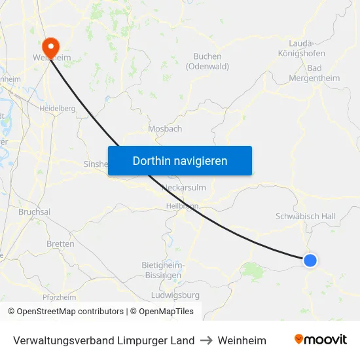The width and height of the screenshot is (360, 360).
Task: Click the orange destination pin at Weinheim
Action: click(x=50, y=46)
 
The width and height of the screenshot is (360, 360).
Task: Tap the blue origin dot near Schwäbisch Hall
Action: click(x=310, y=261)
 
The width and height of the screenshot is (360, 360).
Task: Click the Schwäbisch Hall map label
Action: click(x=305, y=216)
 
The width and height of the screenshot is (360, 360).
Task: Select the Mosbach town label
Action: click(x=165, y=129)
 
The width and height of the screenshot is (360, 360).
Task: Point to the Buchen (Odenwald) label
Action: click(x=207, y=62)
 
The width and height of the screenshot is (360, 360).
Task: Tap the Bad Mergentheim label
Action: click(x=314, y=73)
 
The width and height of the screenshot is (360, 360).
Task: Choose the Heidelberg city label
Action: click(x=58, y=108)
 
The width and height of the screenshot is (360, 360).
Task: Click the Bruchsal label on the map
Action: click(x=35, y=212)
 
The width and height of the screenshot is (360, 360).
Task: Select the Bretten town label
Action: click(x=60, y=243)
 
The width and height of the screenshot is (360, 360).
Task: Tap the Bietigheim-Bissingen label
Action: click(x=162, y=270)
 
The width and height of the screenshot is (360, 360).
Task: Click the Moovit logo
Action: click(x=321, y=340)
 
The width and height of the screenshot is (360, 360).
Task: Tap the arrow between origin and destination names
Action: click(x=206, y=340)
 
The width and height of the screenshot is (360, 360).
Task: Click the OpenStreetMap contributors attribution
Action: click(x=66, y=312)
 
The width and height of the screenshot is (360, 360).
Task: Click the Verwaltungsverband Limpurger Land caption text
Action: click(x=103, y=340)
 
